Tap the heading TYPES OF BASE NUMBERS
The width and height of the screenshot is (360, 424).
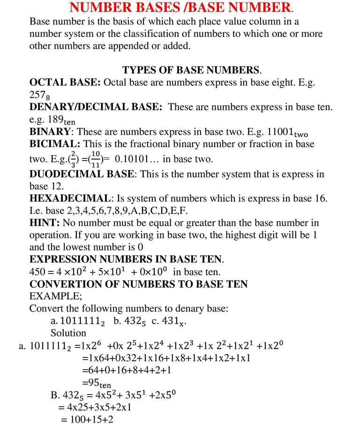pyautogui.click(x=192, y=70)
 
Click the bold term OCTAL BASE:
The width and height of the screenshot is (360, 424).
pyautogui.click(x=65, y=82)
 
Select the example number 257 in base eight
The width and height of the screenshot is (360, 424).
pyautogui.click(x=39, y=95)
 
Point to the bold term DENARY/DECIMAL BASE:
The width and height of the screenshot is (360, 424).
pyautogui.click(x=96, y=107)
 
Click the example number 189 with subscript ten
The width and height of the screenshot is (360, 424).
pyautogui.click(x=61, y=120)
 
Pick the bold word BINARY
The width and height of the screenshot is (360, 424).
pyautogui.click(x=50, y=132)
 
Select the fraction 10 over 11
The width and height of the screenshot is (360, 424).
pyautogui.click(x=95, y=159)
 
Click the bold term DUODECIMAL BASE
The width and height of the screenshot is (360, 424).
pyautogui.click(x=82, y=174)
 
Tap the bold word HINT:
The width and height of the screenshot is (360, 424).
pyautogui.click(x=45, y=223)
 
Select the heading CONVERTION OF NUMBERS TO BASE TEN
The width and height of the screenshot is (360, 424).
pyautogui.click(x=139, y=284)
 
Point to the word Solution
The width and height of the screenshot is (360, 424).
pyautogui.click(x=68, y=333)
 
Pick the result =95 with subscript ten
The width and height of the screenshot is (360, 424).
pyautogui.click(x=97, y=383)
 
